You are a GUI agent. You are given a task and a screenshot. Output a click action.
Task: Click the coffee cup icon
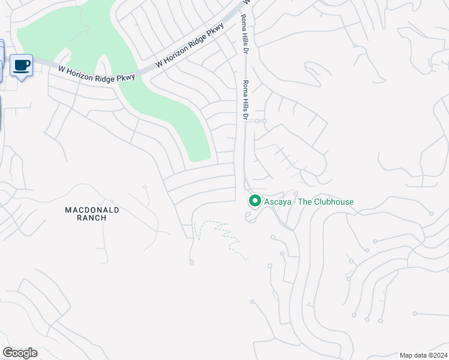(x=22, y=65)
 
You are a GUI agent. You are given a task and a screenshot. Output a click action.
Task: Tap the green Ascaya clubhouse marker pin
(x=255, y=201)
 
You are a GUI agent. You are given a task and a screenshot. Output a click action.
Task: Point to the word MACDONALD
(x=92, y=209)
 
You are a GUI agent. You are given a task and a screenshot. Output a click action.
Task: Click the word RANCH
(x=92, y=218)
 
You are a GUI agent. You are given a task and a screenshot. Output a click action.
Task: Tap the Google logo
(x=20, y=353)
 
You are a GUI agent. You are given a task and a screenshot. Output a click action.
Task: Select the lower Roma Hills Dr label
(x=245, y=100)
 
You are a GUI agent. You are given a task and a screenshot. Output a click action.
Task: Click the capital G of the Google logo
(x=7, y=353)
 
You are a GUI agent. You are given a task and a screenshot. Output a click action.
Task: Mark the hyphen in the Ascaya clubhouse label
(x=294, y=202)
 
